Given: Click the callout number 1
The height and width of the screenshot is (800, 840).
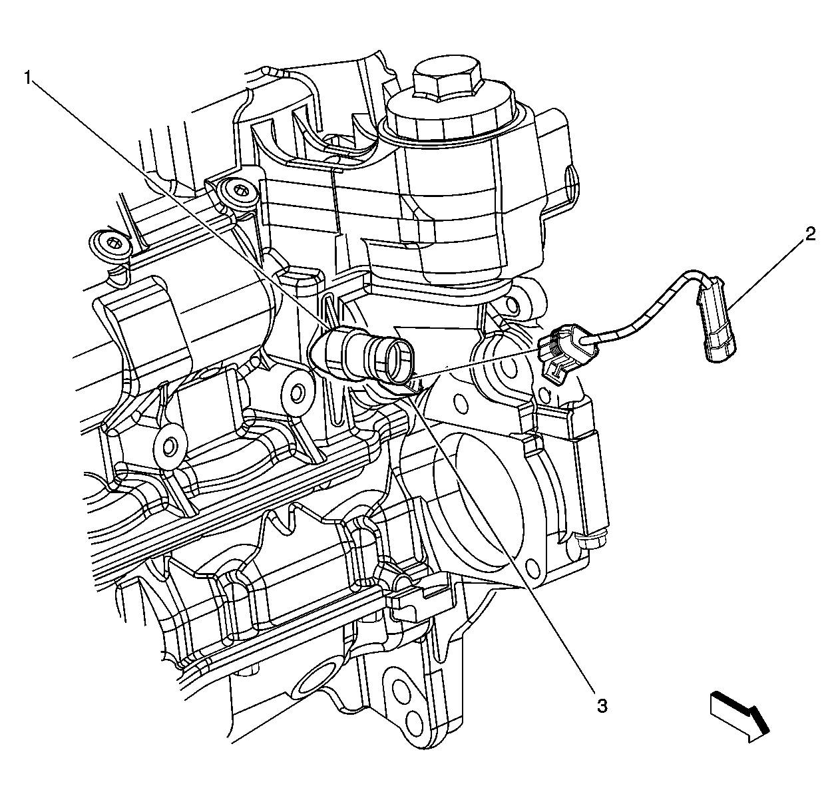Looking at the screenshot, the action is pos(29,79).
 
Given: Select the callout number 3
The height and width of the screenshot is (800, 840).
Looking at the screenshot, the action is pos(602,705).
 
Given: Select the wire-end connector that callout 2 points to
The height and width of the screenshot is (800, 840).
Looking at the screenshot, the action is pos(716,319).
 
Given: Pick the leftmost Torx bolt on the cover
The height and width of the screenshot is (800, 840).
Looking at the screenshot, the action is pos(112,245).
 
